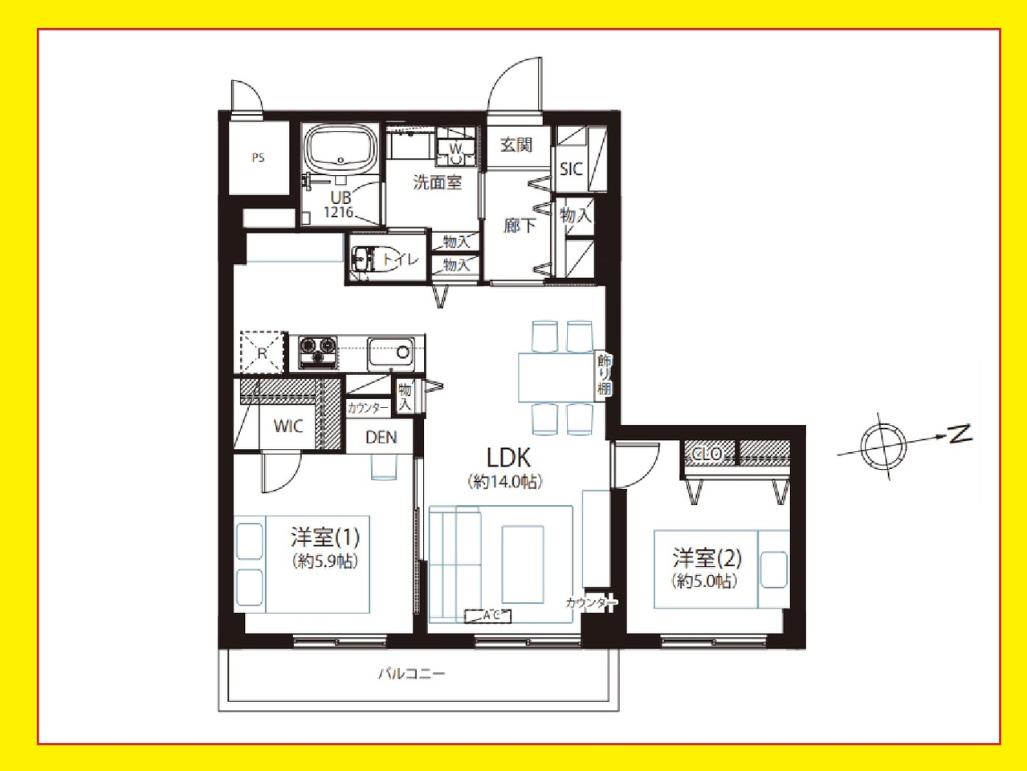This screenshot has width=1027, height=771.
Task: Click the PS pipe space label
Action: (258, 158)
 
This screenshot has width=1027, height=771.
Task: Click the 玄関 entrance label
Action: (516, 145)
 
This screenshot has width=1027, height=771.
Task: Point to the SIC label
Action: (571, 169)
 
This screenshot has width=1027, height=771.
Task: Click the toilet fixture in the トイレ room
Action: (366, 259)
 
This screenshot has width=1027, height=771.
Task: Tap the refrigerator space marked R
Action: (262, 353)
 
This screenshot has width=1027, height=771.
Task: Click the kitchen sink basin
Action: (390, 353)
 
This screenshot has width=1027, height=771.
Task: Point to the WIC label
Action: (287, 426)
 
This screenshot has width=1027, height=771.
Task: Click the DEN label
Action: (381, 438)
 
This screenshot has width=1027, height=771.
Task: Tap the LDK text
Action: (508, 458)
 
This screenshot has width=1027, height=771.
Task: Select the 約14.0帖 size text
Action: (505, 482)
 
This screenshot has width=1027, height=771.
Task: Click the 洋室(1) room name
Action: (325, 537)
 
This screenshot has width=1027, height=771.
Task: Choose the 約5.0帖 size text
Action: (705, 581)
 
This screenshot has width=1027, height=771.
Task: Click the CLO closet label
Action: (707, 453)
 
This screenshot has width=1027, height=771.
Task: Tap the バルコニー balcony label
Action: (412, 674)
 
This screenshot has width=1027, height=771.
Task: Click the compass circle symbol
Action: (883, 446)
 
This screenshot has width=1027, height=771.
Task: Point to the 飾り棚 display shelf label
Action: (604, 375)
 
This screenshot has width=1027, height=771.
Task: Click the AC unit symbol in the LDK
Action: (487, 616)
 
